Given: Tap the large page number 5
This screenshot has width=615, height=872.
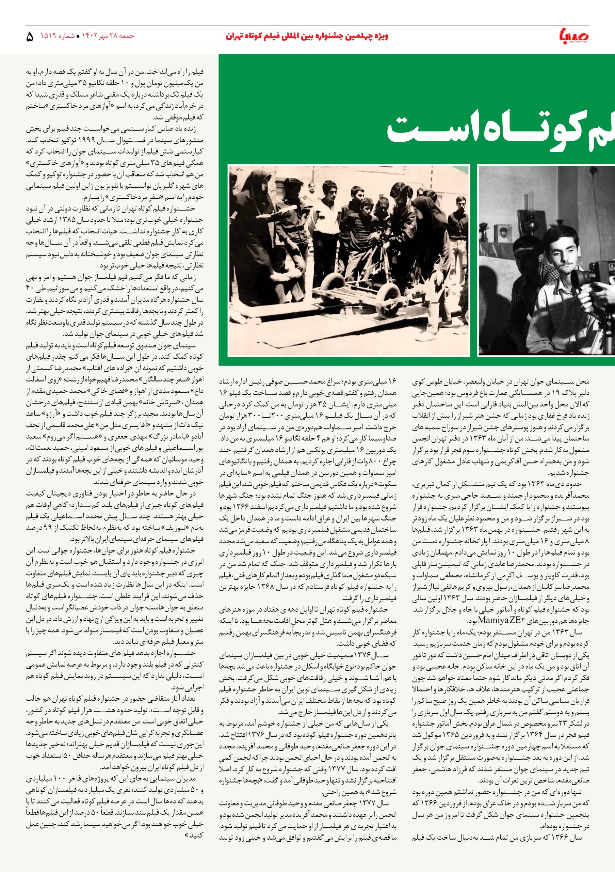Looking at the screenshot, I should (x=30, y=37).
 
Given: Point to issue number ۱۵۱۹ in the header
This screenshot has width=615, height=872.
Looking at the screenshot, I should (x=49, y=36).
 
